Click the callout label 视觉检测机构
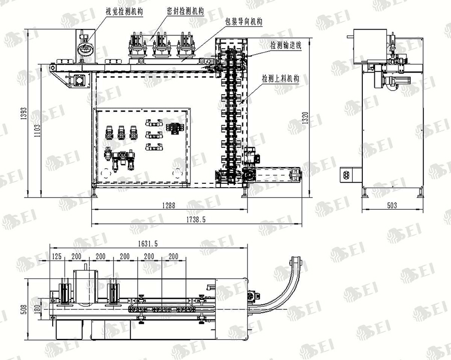[124, 12]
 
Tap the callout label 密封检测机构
[185, 11]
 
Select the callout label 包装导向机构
[244, 22]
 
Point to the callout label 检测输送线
[286, 45]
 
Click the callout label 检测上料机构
[281, 79]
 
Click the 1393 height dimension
[24, 113]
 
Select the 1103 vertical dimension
[38, 131]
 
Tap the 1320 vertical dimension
[306, 118]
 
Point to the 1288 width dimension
[168, 205]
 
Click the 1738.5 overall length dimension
[196, 220]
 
